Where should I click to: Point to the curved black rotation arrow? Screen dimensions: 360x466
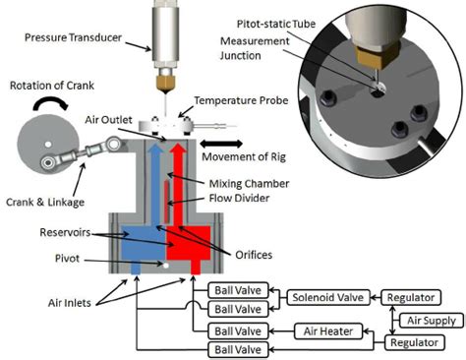coord(47,103)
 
